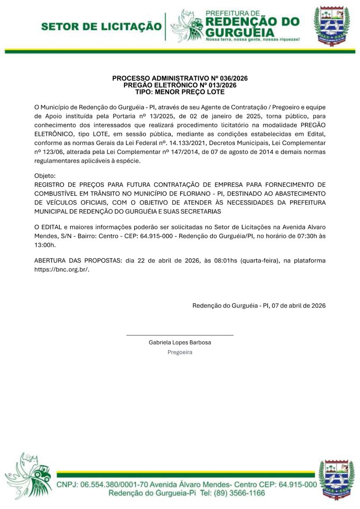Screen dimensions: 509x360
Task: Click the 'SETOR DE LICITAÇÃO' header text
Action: [101, 27]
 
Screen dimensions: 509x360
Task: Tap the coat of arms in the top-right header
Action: [332, 26]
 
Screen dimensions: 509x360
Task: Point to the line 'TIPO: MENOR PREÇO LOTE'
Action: [180, 92]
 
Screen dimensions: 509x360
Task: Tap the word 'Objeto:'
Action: [45, 176]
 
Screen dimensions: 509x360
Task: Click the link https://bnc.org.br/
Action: [61, 269]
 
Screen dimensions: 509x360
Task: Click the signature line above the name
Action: [180, 335]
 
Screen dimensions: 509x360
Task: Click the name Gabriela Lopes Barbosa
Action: [180, 342]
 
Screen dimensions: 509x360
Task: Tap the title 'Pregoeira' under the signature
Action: [180, 352]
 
